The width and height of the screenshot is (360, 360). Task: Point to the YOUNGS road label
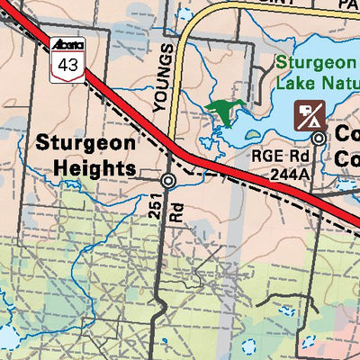tap(162, 76)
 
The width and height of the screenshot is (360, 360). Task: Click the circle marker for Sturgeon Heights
tap(168, 180)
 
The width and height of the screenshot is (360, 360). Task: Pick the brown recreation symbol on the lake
tap(311, 114)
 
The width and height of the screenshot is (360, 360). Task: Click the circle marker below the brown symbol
tap(319, 138)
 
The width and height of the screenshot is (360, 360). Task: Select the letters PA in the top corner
tap(346, 4)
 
